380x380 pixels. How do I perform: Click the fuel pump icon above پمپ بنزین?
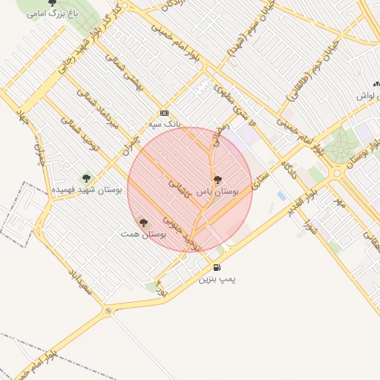217,267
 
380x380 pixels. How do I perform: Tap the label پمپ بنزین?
217,280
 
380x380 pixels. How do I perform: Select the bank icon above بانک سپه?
164,114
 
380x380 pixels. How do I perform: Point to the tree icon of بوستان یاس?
217,180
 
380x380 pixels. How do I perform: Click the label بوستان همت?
143,234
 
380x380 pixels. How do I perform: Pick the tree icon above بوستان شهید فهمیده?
87,178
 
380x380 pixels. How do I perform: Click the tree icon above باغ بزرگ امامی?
52,3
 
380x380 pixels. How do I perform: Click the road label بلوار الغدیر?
302,200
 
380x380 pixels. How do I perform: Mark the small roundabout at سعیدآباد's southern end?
108,310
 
